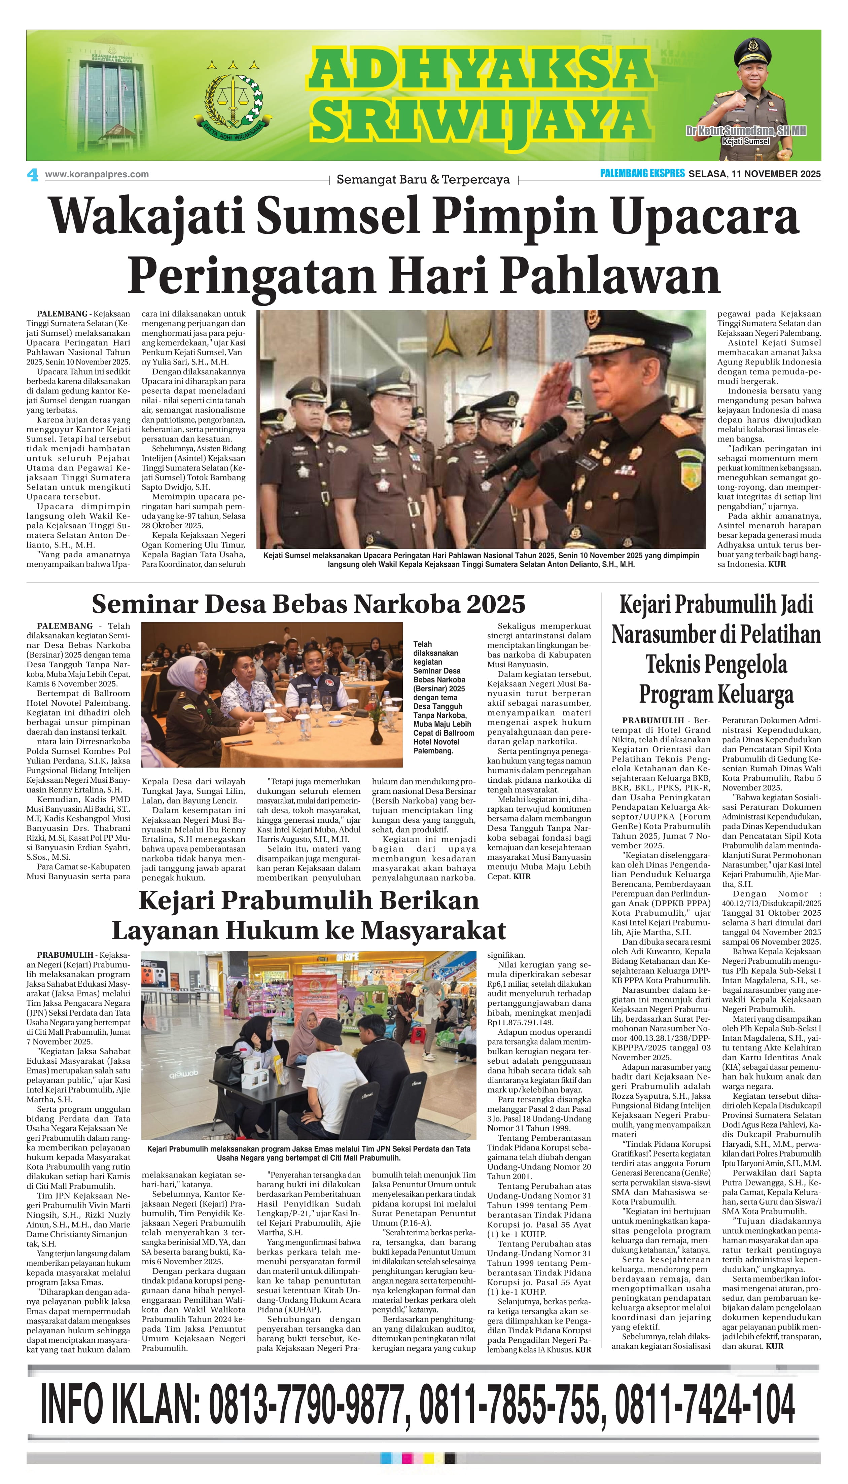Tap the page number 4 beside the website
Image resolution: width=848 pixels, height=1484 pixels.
[x=33, y=174]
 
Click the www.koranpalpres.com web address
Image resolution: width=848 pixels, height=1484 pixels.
[x=97, y=174]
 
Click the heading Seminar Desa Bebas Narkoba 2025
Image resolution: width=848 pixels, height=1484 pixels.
[x=308, y=604]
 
